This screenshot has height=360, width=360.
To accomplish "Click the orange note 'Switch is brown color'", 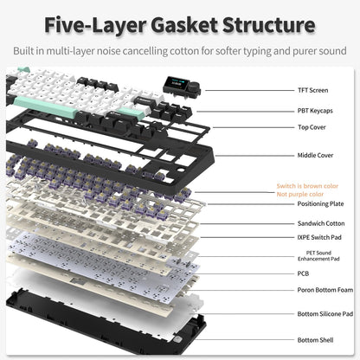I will click(308, 186).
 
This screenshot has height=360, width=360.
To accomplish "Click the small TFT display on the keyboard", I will click(163, 91).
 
